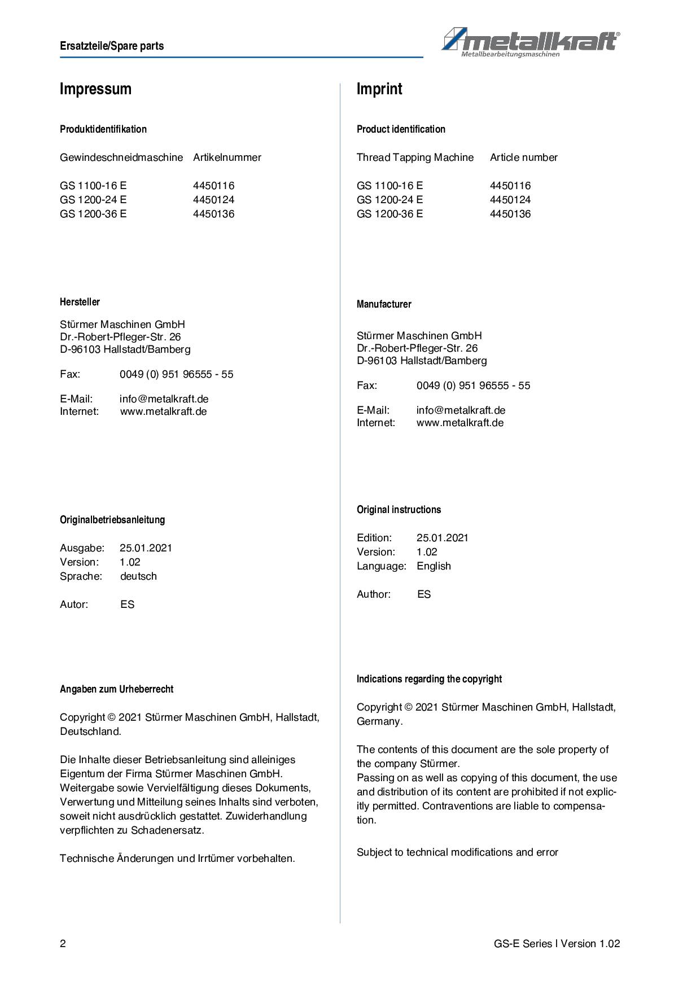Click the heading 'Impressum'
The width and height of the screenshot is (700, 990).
(x=95, y=89)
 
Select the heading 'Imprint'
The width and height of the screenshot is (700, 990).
(x=379, y=89)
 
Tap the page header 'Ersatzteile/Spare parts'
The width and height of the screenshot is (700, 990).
(x=112, y=46)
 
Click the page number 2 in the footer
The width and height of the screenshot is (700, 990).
(x=63, y=944)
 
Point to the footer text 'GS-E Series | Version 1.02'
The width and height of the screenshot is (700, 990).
(x=557, y=944)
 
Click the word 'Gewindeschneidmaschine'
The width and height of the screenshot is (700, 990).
(x=121, y=157)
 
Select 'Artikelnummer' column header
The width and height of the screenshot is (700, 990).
(x=227, y=157)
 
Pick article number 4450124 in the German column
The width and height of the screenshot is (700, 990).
(x=213, y=200)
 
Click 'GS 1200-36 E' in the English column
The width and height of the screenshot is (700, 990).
(x=390, y=214)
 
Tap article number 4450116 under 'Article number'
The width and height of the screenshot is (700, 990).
(x=510, y=186)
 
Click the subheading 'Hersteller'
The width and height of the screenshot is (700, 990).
(x=80, y=302)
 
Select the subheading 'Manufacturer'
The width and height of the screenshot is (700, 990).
(x=384, y=304)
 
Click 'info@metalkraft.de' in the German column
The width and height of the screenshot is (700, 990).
(x=164, y=399)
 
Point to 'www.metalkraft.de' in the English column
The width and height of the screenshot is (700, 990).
(x=460, y=423)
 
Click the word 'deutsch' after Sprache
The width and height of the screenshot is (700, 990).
(x=138, y=576)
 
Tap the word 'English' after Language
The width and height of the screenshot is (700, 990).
(x=434, y=566)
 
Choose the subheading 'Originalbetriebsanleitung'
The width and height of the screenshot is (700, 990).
(x=112, y=520)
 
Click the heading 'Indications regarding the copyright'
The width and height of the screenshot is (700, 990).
(x=429, y=679)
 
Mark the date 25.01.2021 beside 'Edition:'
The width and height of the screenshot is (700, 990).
(x=443, y=538)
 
